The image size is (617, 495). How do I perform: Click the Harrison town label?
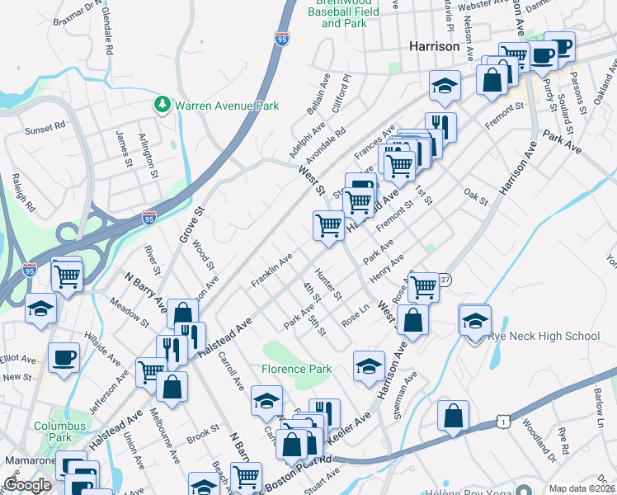pos(435,47)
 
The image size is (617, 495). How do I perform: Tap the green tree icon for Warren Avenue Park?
pos(162,105)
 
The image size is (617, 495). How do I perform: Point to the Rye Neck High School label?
pos(544,336)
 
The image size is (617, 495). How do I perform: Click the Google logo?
pos(27,485)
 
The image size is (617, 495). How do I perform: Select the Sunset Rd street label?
pos(45,128)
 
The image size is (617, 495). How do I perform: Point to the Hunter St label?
pos(328,283)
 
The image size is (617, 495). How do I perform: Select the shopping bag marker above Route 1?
pos(453,417)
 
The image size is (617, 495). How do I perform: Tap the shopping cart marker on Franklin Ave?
pos(328,225)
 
